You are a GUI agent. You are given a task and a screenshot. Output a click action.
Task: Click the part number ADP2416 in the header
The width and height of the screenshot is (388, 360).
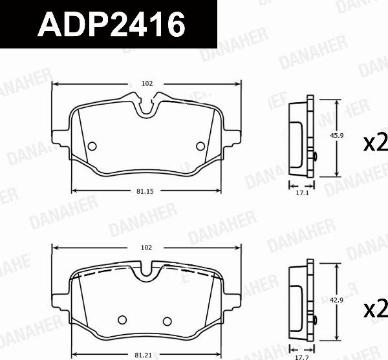tap(111, 25)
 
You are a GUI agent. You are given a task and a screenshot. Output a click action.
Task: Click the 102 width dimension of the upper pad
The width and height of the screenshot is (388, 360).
tap(147, 83)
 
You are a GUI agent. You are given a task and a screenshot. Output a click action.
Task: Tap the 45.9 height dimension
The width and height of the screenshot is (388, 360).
tap(336, 136)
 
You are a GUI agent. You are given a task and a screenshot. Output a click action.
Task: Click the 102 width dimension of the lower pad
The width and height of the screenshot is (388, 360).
tap(147, 248)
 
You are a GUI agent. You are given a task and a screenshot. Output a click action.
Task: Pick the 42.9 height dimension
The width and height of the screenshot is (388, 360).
tap(336, 300)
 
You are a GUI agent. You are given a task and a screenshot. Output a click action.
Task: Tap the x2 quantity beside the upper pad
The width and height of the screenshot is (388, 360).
tap(374, 142)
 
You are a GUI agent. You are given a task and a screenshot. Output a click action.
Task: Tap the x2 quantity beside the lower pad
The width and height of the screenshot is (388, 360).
tap(374, 308)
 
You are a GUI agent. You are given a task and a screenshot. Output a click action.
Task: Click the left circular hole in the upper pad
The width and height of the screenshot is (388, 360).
tap(91, 145)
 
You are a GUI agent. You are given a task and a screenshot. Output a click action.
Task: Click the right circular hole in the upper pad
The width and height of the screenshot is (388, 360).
tap(200, 145)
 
